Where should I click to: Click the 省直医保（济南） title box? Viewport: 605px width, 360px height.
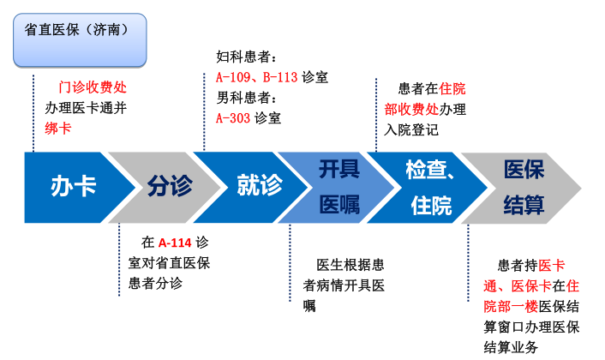pos(80,40)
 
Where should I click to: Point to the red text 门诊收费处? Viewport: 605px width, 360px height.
pos(93,87)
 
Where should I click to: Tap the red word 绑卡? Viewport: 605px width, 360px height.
pos(58,128)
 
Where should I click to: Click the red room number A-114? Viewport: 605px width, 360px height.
pos(175,243)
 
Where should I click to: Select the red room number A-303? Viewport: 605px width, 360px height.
pos(233,118)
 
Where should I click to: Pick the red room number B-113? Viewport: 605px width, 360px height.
pos(280,77)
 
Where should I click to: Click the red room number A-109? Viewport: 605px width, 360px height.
pos(233,77)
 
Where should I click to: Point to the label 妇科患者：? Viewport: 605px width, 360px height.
pos(247,57)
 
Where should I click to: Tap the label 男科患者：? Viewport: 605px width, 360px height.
pos(247,98)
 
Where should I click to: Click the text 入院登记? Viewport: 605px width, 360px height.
pos(411,129)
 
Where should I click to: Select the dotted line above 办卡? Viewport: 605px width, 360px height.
pos(33,113)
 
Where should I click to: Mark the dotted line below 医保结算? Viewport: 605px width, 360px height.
pos(468,262)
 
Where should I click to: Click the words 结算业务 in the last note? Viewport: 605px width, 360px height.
pos(511,347)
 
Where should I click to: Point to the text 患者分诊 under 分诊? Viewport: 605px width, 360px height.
pos(155,283)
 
